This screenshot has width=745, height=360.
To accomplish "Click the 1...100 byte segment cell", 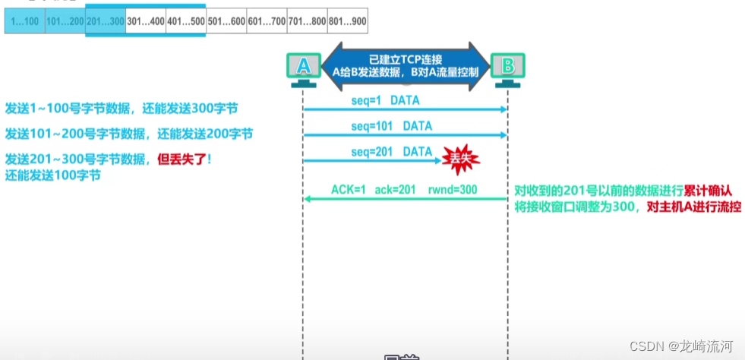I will click(24, 22).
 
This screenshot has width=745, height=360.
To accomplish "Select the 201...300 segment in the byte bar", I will click(106, 22).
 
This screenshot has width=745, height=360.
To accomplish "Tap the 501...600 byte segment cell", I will click(226, 22).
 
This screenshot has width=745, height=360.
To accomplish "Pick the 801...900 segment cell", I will click(347, 22).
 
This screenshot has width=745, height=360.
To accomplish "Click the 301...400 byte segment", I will click(145, 22).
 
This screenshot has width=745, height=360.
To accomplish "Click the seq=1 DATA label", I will click(385, 100).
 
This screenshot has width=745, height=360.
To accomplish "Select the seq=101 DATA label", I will click(391, 125).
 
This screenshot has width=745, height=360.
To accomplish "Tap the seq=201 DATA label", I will click(391, 151).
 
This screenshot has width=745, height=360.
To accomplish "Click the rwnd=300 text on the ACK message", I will click(453, 189).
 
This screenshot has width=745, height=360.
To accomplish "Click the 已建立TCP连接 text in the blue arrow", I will click(406, 59).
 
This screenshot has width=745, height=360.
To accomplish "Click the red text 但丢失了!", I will click(183, 159).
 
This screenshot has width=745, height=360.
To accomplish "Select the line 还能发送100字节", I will click(53, 175).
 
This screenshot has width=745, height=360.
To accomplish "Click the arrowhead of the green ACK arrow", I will click(307, 199).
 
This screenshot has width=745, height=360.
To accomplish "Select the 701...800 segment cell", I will click(307, 22).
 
